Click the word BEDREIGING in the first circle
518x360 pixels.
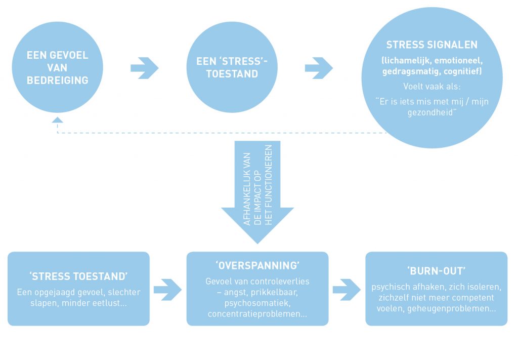58,79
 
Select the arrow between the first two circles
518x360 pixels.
144,68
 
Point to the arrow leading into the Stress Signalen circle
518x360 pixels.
319,68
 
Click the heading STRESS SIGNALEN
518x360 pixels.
431,45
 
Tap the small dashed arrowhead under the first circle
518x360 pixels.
57,121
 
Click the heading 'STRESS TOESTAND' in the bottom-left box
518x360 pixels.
78,277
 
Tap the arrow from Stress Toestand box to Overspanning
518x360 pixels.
167,289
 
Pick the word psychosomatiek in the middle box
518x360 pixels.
257,303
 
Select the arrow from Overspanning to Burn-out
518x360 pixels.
347,289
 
